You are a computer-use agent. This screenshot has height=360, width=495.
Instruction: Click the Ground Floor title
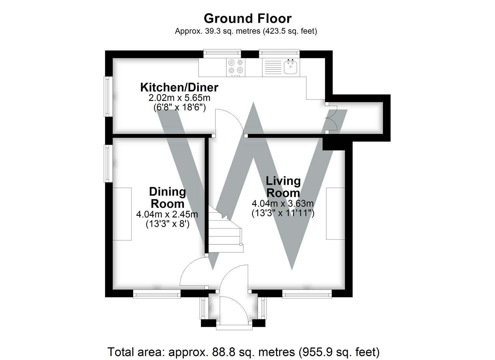pyautogui.click(x=247, y=18)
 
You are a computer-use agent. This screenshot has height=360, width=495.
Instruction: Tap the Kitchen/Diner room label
pyautogui.click(x=179, y=87)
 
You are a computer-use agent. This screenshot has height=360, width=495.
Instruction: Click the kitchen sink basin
pyautogui.click(x=290, y=67)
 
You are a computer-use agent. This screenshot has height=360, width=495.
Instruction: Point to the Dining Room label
pyautogui.click(x=167, y=198)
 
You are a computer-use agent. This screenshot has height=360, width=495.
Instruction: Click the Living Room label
pyautogui.click(x=283, y=187)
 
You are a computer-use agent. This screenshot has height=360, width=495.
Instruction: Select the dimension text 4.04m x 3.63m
pyautogui.click(x=283, y=203)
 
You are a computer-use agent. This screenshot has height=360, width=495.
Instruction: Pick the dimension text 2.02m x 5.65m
pyautogui.click(x=179, y=98)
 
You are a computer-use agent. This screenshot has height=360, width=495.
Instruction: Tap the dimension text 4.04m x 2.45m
pyautogui.click(x=167, y=214)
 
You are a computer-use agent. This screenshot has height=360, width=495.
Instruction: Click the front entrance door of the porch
pyautogui.click(x=233, y=310)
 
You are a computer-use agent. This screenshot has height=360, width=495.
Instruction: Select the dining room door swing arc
pyautogui.click(x=192, y=273)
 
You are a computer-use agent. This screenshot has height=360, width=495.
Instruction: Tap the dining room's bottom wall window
pyautogui.click(x=157, y=294)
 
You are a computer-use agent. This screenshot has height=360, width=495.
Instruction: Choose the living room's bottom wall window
pyautogui.click(x=307, y=294)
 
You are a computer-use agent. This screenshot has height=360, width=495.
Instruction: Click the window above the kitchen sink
pyautogui.click(x=279, y=53)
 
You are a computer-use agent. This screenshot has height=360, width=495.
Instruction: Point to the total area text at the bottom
pyautogui.click(x=243, y=352)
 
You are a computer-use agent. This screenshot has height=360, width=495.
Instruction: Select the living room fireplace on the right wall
pyautogui.click(x=335, y=214)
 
